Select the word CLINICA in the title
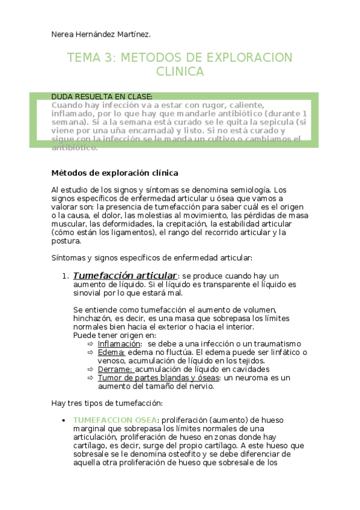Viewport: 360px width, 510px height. (180, 72)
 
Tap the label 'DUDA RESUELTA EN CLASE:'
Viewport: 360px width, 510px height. (102, 96)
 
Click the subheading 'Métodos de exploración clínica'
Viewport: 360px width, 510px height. (115, 173)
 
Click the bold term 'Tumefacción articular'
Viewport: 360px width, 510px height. (124, 275)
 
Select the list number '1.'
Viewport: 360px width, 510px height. (67, 276)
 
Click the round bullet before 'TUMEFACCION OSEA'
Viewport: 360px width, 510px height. (64, 420)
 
